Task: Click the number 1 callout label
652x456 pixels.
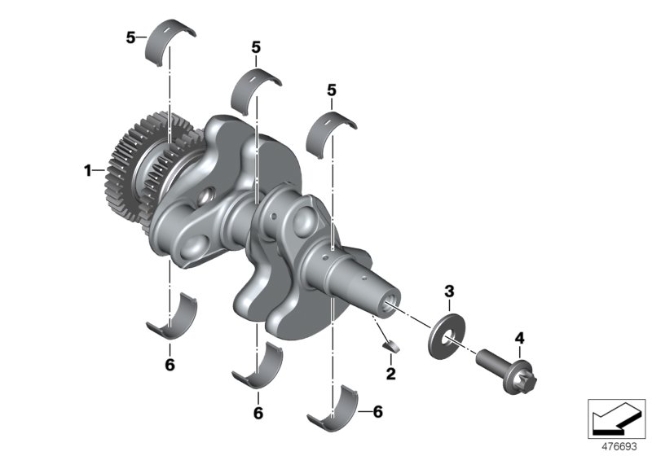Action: [86, 171]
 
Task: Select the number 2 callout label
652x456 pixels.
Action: [390, 374]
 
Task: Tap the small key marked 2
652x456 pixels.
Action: [390, 345]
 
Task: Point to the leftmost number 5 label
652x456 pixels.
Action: [130, 37]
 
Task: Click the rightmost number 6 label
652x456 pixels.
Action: [377, 413]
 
